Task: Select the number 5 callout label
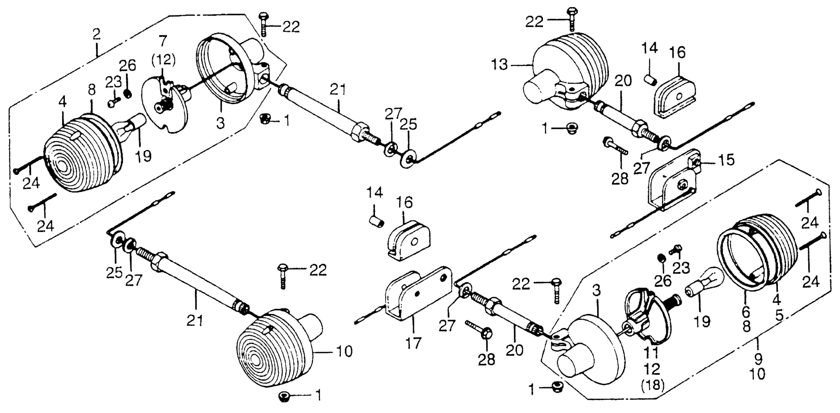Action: [779, 315]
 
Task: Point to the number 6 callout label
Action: [746, 312]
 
